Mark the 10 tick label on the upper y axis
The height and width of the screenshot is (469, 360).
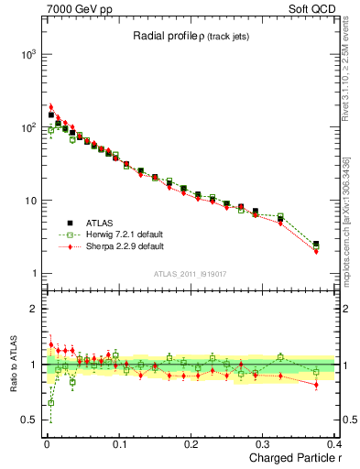tap(28, 201)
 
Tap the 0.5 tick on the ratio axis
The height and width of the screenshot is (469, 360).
tap(27, 420)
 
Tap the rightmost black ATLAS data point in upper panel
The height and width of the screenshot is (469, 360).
tap(316, 245)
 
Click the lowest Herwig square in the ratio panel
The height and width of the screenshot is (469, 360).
tap(50, 402)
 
